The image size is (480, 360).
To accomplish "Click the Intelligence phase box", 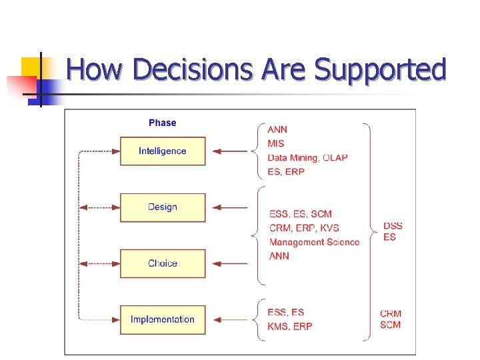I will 163,151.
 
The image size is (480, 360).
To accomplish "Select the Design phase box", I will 163,207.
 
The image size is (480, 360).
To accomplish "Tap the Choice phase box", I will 163,263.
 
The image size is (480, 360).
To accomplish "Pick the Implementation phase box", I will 163,319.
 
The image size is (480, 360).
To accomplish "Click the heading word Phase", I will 162,123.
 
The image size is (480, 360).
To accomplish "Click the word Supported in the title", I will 380,69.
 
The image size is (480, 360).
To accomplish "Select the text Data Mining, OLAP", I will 307,158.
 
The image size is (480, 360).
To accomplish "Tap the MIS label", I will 276,143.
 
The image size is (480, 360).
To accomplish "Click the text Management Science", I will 314,242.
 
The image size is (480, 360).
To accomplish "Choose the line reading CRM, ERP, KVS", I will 304,228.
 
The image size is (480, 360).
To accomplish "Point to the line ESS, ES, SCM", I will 300,214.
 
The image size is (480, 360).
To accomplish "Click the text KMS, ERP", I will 289,326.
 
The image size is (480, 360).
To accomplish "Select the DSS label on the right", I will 393,226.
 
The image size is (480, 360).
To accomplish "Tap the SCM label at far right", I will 391,325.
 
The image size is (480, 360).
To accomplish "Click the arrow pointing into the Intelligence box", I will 233,151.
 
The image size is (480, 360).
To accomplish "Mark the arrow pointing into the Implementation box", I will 233,319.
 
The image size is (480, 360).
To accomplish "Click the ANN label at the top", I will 277,129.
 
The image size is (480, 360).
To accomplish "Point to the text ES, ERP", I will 286,172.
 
